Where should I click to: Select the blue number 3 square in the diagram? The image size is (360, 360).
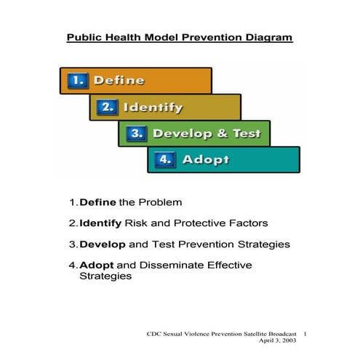135,134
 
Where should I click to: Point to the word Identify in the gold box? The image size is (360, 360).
153,108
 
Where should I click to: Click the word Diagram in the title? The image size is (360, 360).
268,37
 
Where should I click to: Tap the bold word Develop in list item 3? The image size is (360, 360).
103,244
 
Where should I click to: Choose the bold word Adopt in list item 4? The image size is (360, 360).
95,265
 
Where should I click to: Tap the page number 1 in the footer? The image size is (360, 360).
306,332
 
